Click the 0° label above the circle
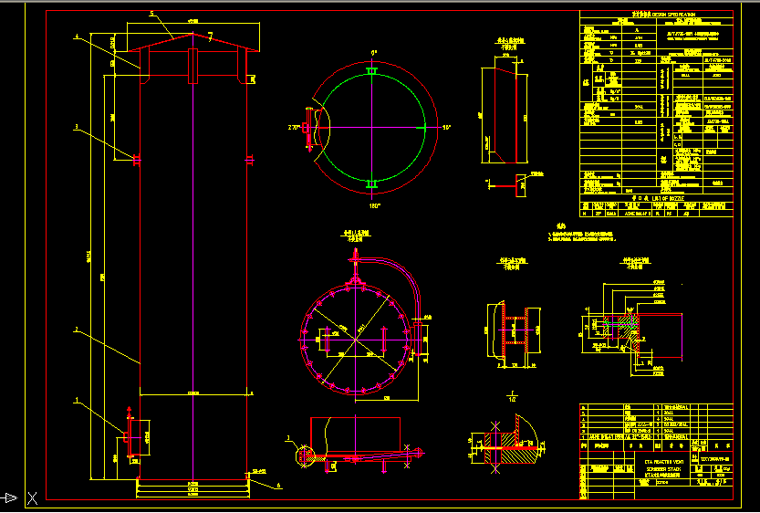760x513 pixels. point(373,53)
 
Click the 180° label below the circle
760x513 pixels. point(372,206)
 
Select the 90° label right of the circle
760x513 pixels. point(447,128)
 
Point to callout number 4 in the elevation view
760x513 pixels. point(77,37)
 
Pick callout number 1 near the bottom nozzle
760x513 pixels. point(77,400)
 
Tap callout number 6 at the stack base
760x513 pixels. point(279,486)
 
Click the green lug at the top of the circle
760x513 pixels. point(372,70)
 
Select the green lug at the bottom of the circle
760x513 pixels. point(372,185)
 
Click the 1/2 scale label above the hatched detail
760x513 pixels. point(512,399)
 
